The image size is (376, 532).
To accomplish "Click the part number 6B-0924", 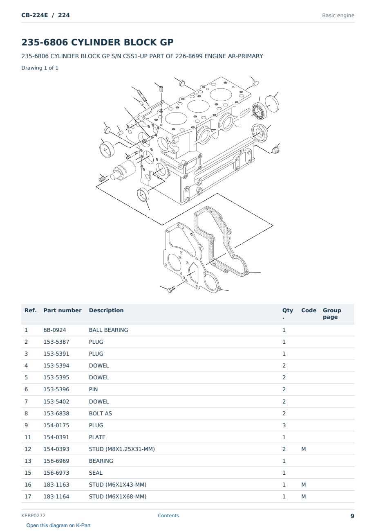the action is pyautogui.click(x=55, y=330).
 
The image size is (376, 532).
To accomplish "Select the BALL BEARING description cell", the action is pyautogui.click(x=108, y=330).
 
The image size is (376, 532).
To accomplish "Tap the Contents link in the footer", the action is pyautogui.click(x=168, y=515).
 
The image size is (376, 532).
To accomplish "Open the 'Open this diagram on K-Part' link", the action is pyautogui.click(x=58, y=525).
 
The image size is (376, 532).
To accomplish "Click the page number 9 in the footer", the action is pyautogui.click(x=352, y=516).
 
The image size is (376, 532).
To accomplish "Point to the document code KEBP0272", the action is pyautogui.click(x=34, y=515).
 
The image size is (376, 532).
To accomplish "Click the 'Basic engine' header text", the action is pyautogui.click(x=338, y=16).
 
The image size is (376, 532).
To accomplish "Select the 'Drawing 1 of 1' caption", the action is pyautogui.click(x=40, y=68).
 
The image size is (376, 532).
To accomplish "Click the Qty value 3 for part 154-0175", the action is pyautogui.click(x=284, y=425).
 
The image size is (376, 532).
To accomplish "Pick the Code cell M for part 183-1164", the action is pyautogui.click(x=303, y=496).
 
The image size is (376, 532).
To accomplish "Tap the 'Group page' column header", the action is pyautogui.click(x=332, y=313).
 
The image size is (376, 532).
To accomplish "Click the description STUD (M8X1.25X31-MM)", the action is pyautogui.click(x=122, y=449).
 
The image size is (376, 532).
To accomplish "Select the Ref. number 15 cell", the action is pyautogui.click(x=28, y=473).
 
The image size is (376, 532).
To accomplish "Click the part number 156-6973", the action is pyautogui.click(x=56, y=473).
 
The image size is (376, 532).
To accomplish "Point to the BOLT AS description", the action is pyautogui.click(x=101, y=413).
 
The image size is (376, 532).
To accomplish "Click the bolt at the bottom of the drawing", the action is pyautogui.click(x=171, y=289).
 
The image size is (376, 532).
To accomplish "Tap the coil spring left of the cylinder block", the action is pyautogui.click(x=102, y=178).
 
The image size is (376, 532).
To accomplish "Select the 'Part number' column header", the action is pyautogui.click(x=63, y=310).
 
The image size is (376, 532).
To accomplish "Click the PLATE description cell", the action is pyautogui.click(x=97, y=437).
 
